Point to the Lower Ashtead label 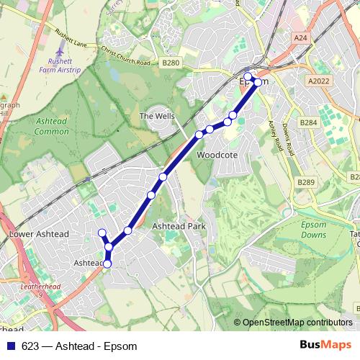[x=39, y=235]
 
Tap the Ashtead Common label [x=52, y=127]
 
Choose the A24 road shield [x=300, y=37]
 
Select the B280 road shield [x=171, y=63]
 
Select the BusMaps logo [x=326, y=344]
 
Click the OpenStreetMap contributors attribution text [x=293, y=323]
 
